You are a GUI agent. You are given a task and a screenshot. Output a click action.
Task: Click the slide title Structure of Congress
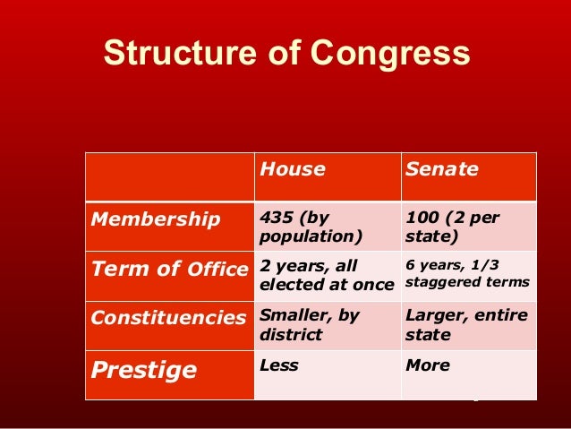click(x=286, y=53)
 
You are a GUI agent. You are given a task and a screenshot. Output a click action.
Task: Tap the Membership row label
click(x=154, y=219)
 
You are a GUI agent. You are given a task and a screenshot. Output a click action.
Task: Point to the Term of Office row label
click(x=168, y=269)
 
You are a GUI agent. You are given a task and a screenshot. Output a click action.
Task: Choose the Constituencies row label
click(x=167, y=318)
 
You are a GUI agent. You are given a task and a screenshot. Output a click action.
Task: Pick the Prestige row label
click(x=144, y=371)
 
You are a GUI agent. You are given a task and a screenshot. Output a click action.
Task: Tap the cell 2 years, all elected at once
click(x=327, y=276)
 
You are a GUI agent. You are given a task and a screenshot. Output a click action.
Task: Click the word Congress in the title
click(x=394, y=53)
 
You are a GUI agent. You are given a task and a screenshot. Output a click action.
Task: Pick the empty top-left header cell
click(x=169, y=176)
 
